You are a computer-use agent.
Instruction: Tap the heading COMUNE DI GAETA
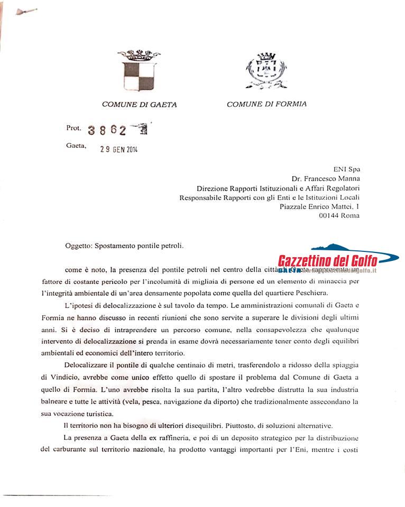[x=139, y=105]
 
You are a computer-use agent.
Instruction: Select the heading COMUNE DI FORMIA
[x=266, y=104]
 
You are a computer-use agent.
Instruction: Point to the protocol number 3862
[x=107, y=130]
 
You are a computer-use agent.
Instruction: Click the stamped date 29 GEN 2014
[x=119, y=149]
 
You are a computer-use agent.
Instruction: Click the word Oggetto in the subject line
[x=79, y=246]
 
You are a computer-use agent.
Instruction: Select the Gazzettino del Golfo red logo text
[x=328, y=260]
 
